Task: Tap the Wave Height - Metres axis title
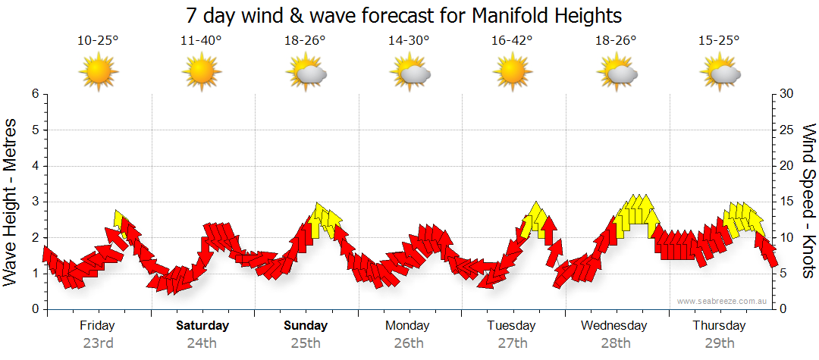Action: [12, 202]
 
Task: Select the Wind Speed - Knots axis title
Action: [807, 202]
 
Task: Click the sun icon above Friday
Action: [99, 74]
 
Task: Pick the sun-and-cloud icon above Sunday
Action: [306, 74]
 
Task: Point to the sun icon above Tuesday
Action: [513, 74]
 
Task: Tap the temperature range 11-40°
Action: [202, 41]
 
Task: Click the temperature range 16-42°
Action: [513, 41]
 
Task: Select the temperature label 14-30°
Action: [409, 41]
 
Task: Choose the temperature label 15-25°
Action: [720, 41]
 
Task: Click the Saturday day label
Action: [202, 326]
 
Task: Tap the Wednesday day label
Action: [614, 326]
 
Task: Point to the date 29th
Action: [720, 343]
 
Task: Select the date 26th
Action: [409, 343]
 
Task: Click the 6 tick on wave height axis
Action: [35, 94]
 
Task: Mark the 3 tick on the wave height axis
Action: [35, 202]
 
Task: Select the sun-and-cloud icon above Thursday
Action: [720, 74]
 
